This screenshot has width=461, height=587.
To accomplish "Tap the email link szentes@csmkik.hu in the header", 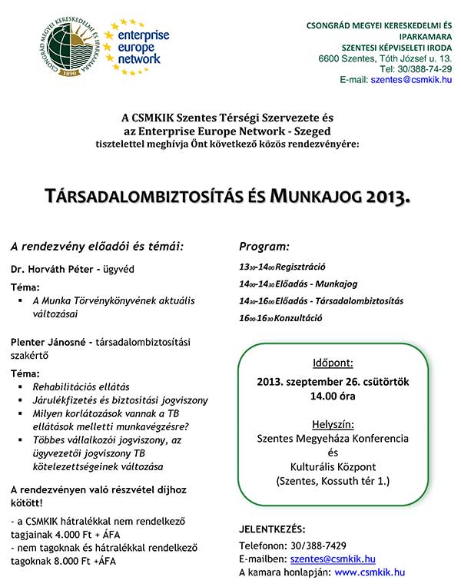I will (x=410, y=79).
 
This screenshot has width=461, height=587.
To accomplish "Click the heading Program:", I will (x=264, y=247).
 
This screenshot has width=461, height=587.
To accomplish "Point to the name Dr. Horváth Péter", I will (x=51, y=270).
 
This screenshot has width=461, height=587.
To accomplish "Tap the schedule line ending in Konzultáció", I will (x=281, y=317).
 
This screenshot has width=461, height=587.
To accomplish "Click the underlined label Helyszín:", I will (x=333, y=423).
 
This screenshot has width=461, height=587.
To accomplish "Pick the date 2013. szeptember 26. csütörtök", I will (x=333, y=382).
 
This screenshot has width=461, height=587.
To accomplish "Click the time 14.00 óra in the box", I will (x=333, y=396).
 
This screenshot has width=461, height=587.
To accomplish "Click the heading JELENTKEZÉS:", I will (x=271, y=529).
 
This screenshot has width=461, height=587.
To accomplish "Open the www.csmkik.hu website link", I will (x=370, y=572).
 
